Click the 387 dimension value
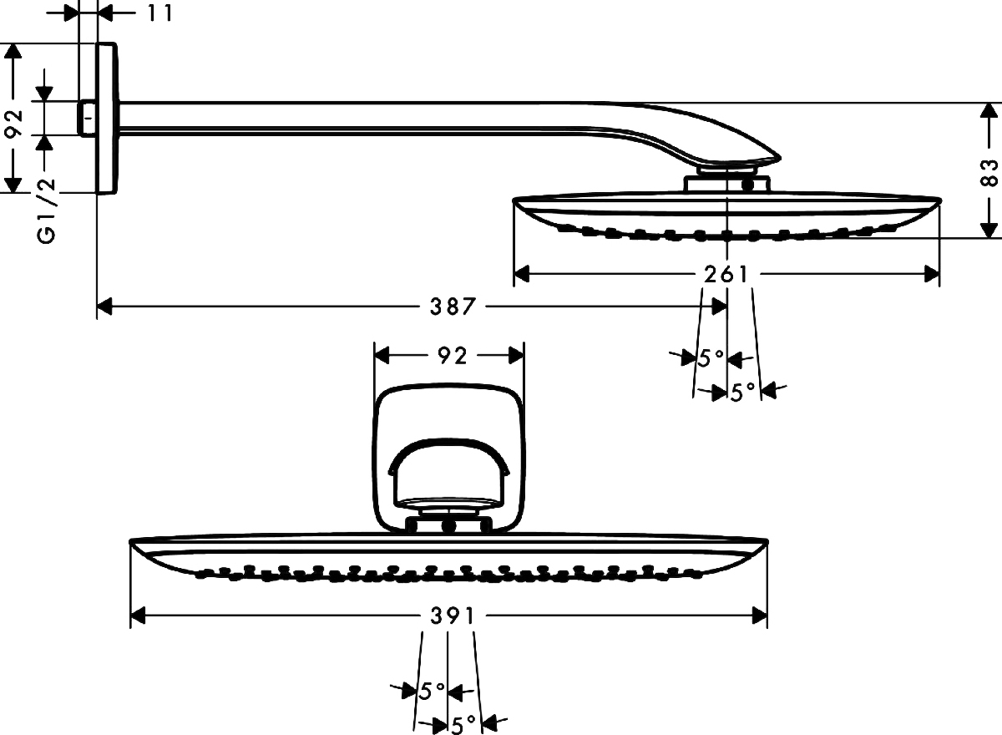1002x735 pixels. [453, 307]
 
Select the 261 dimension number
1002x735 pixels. [726, 274]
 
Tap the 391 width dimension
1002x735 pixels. [452, 616]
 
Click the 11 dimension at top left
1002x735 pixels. [159, 13]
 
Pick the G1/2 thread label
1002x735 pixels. [47, 210]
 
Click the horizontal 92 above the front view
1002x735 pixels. [452, 356]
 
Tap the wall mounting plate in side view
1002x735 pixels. [108, 119]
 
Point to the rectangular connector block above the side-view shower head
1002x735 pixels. [726, 184]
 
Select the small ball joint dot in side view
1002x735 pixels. [747, 184]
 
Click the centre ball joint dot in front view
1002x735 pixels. [448, 526]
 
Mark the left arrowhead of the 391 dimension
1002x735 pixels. [137, 616]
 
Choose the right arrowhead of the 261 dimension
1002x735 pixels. [932, 274]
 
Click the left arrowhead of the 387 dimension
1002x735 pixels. [104, 307]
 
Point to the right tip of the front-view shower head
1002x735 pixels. [767, 542]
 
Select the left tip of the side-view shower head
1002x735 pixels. [514, 200]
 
